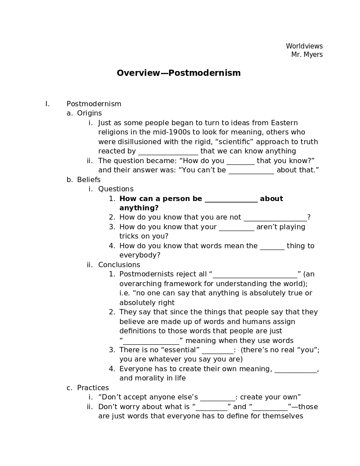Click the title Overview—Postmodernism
(x=178, y=73)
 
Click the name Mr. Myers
(x=307, y=55)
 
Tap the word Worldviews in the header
(x=304, y=46)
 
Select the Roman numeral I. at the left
(x=47, y=104)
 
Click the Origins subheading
(x=89, y=113)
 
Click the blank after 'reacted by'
(x=168, y=152)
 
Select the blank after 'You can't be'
(x=251, y=171)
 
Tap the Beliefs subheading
(x=89, y=180)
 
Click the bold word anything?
(x=139, y=208)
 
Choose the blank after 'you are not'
(x=275, y=218)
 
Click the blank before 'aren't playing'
(x=236, y=227)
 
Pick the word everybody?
(x=140, y=256)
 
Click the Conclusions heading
(x=119, y=265)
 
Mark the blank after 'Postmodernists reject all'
(x=255, y=275)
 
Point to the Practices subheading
(x=93, y=388)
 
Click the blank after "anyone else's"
(x=217, y=398)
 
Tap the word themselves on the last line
(x=282, y=416)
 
